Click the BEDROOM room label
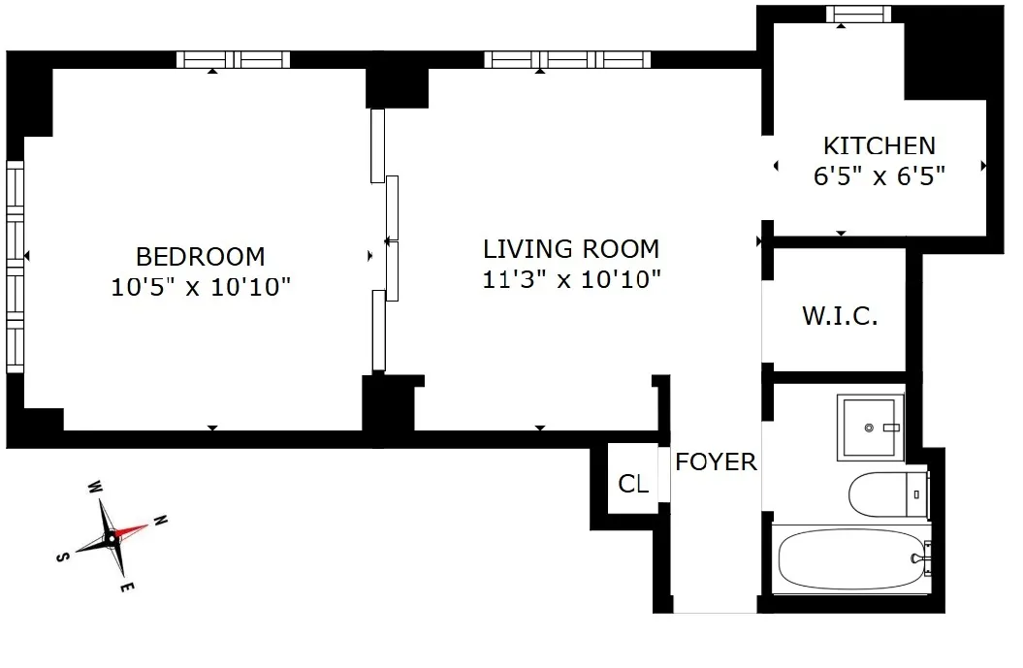tap(200, 257)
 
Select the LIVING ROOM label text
tap(571, 249)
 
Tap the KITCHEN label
tap(879, 146)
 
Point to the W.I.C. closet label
tap(840, 316)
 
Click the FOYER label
tap(716, 461)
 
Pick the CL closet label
tap(633, 484)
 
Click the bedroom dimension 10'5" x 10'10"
tap(200, 288)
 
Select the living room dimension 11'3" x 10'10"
tap(571, 280)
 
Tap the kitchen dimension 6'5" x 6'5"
tap(879, 176)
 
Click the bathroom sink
tap(870, 427)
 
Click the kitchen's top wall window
tap(858, 14)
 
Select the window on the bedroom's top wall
tap(234, 59)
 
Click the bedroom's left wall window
tap(15, 266)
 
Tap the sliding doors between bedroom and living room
tap(385, 239)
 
